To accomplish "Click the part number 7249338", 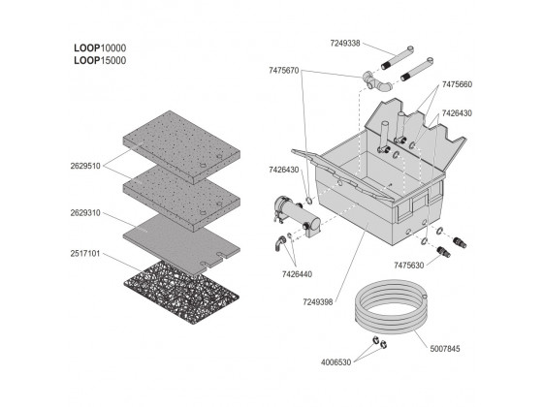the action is (x=345, y=44).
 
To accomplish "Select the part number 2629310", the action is (x=85, y=213).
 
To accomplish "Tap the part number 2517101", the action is (x=85, y=254).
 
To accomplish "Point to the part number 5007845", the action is (x=445, y=349).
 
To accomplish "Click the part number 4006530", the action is (x=335, y=362).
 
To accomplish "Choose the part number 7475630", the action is (x=408, y=266).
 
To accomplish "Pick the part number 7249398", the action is (x=318, y=302).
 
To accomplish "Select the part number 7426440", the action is (x=297, y=274).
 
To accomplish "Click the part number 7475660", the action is (x=457, y=84).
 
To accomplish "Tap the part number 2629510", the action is (x=85, y=166).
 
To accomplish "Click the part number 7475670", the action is (x=283, y=71).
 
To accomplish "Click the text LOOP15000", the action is (x=100, y=60).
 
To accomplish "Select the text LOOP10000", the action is (x=100, y=48).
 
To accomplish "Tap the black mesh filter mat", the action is (x=181, y=293).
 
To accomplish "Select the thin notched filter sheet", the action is (x=181, y=244).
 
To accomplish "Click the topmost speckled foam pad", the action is (x=181, y=147).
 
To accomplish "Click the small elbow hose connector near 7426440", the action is (x=280, y=243).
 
